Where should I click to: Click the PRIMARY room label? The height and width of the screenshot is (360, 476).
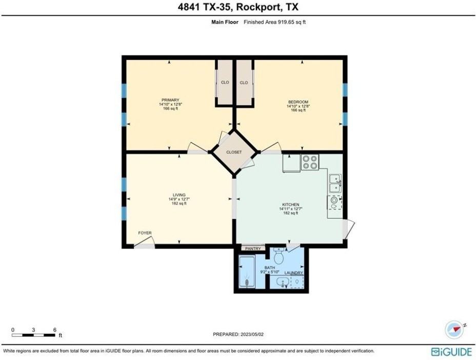[x=171, y=100]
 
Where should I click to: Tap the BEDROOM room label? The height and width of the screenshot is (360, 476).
[x=298, y=102]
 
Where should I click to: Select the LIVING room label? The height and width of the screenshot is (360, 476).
[x=179, y=195]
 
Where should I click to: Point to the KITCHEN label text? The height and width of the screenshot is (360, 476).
[x=289, y=205]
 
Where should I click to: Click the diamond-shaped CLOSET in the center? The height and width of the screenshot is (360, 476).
[x=234, y=152]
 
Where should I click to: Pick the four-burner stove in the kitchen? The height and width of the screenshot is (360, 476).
[x=310, y=162]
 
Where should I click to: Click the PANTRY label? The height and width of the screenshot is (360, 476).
[x=253, y=249]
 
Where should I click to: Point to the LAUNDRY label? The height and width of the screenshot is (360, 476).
[x=293, y=273]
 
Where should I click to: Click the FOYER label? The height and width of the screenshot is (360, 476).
[x=145, y=233]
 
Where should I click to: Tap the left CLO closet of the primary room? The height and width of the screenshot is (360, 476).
[x=225, y=83]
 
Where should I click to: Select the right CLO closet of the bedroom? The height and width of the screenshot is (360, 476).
[x=244, y=83]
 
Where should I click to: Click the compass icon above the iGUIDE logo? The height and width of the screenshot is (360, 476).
[x=454, y=330]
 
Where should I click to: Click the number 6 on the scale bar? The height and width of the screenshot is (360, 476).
[x=54, y=330]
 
